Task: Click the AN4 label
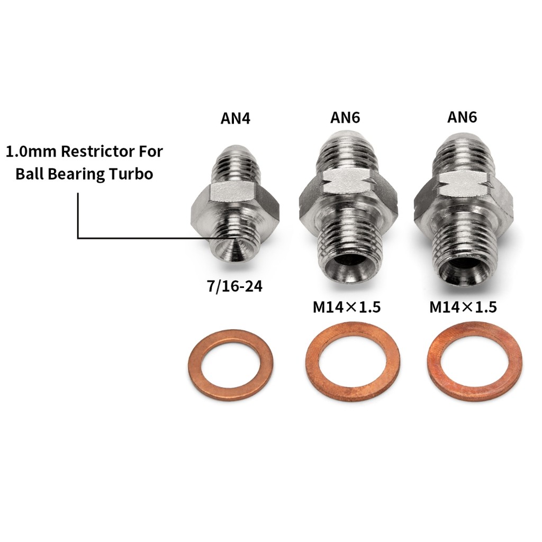pos(235,118)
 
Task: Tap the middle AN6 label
pos(345,118)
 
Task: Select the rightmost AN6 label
pos(462,117)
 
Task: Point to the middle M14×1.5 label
pos(347,307)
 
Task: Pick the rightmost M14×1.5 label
pos(463,307)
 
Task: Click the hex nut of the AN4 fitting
pos(235,201)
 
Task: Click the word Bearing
pos(77,174)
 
